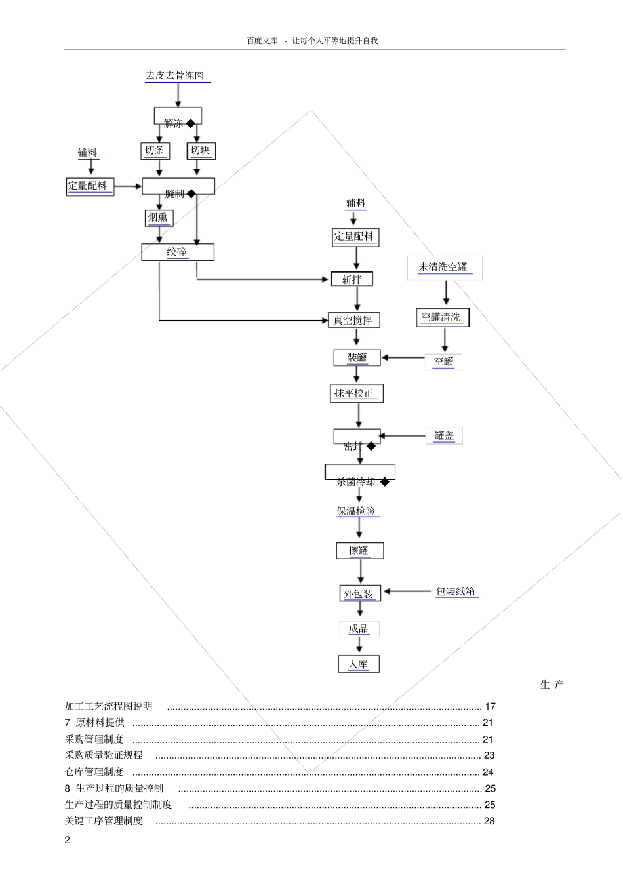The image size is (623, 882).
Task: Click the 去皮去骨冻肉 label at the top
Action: (175, 75)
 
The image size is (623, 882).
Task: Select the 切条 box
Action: (155, 151)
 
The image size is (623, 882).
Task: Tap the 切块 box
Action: (201, 151)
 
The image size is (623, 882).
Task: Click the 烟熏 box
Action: (158, 218)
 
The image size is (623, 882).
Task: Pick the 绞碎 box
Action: (177, 252)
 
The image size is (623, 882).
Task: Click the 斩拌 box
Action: (352, 279)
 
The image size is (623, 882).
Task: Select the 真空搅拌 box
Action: (353, 320)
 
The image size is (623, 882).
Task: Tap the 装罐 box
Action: (357, 357)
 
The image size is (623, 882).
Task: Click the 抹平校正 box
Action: (355, 393)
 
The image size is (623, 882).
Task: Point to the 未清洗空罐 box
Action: (444, 268)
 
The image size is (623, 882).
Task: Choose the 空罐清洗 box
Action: (442, 318)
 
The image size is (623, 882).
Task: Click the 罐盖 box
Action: (444, 435)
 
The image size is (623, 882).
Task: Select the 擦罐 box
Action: (359, 551)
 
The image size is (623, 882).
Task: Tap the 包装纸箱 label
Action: (456, 591)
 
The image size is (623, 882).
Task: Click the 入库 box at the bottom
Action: (359, 664)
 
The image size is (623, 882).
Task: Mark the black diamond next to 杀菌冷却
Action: (385, 482)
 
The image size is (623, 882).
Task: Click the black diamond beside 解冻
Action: (191, 123)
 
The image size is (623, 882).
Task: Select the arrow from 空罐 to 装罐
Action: (403, 358)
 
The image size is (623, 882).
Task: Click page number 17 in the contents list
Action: (490, 706)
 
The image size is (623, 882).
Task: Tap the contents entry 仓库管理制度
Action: (94, 772)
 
